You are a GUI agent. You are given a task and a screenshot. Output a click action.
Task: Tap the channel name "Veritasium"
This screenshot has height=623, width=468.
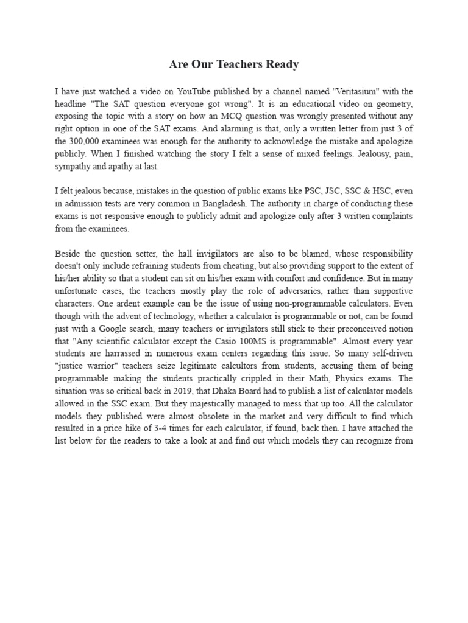(355, 92)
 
